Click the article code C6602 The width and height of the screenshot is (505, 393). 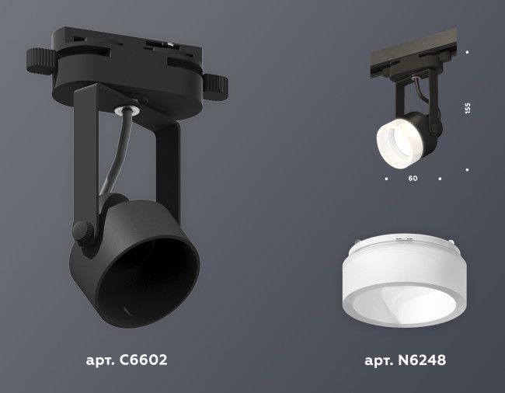143,360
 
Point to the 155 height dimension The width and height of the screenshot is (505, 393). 467,108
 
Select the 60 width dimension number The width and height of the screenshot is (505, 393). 413,179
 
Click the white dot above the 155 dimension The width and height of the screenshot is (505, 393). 467,53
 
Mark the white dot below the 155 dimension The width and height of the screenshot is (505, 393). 467,169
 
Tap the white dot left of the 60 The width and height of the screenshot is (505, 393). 386,179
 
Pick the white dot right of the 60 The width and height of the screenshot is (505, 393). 440,179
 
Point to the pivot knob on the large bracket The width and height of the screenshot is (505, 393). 81,231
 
